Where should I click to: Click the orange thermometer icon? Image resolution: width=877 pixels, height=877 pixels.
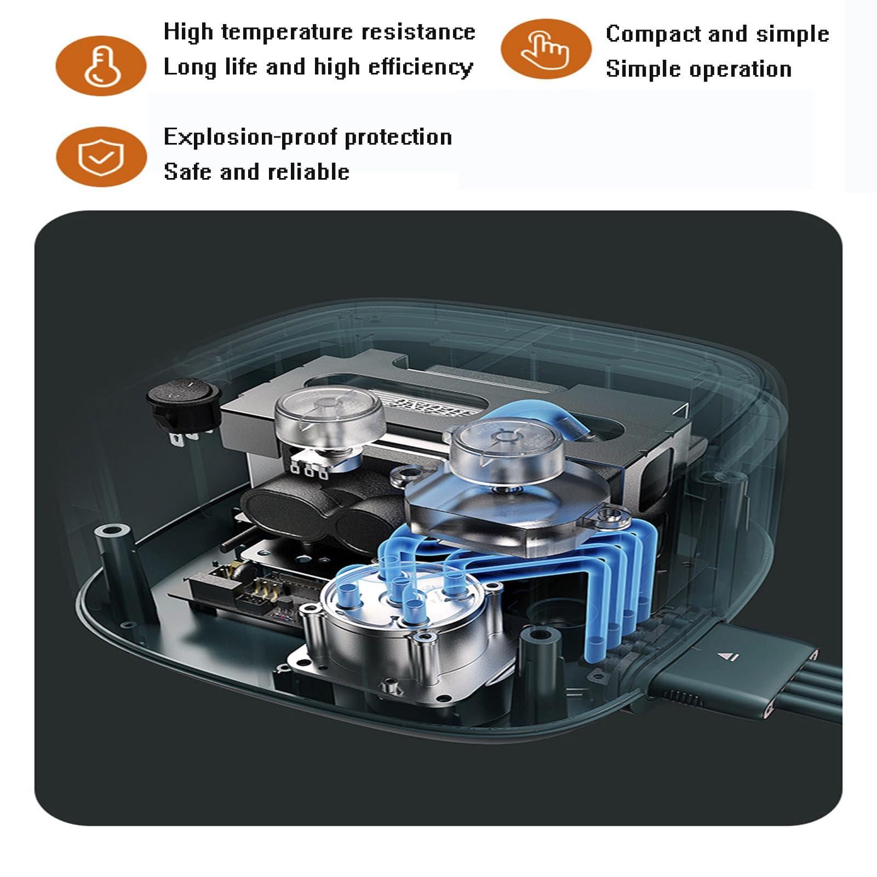(x=101, y=66)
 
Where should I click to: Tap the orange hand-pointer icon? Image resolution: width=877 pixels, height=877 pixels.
(x=546, y=49)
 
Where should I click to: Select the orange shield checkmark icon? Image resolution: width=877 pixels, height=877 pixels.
(x=101, y=157)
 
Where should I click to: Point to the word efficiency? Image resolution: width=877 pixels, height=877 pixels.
(x=421, y=67)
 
